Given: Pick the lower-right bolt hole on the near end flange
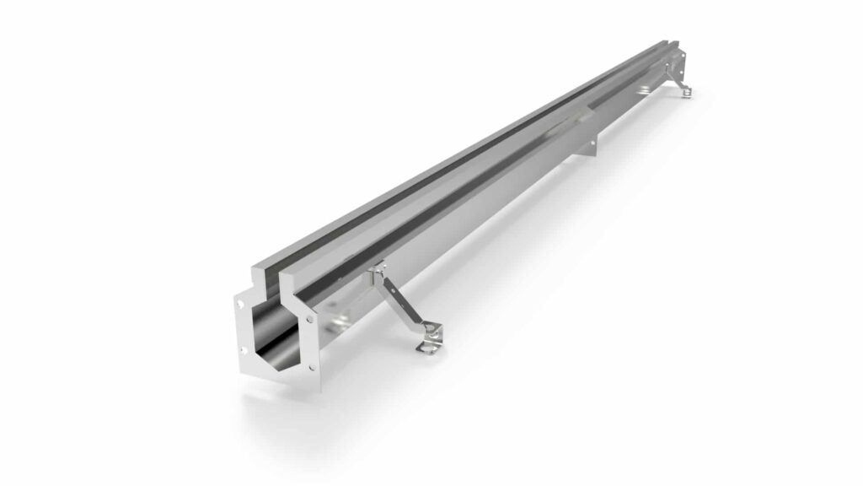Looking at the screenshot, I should [x=311, y=367].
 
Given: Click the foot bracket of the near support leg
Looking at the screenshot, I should [x=429, y=339].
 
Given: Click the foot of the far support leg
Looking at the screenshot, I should [x=687, y=91].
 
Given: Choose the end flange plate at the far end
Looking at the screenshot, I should [x=680, y=62].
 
